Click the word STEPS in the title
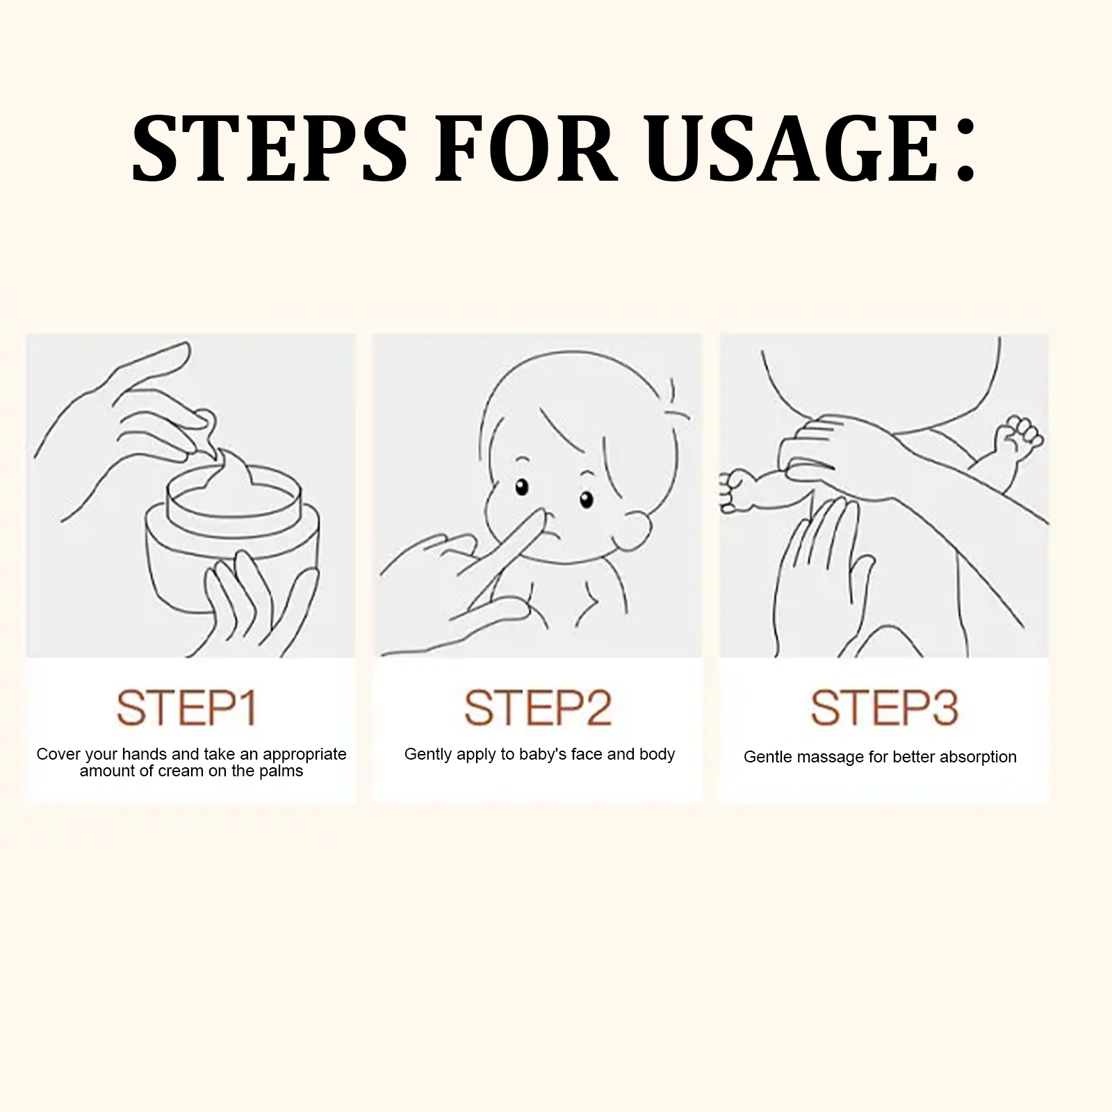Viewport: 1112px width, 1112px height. pos(270,149)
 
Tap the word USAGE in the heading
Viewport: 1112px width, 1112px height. pos(796,149)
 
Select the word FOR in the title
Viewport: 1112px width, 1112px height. pos(526,149)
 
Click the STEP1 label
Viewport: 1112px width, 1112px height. pos(187,708)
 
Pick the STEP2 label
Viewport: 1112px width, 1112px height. pos(538,708)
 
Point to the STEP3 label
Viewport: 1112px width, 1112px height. pos(884,708)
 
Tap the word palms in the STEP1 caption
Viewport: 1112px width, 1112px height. pos(281,772)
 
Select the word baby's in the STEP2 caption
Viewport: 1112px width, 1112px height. pos(543,754)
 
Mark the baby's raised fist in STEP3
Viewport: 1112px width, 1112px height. pos(1019,434)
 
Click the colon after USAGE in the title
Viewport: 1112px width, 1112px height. pos(965,156)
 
